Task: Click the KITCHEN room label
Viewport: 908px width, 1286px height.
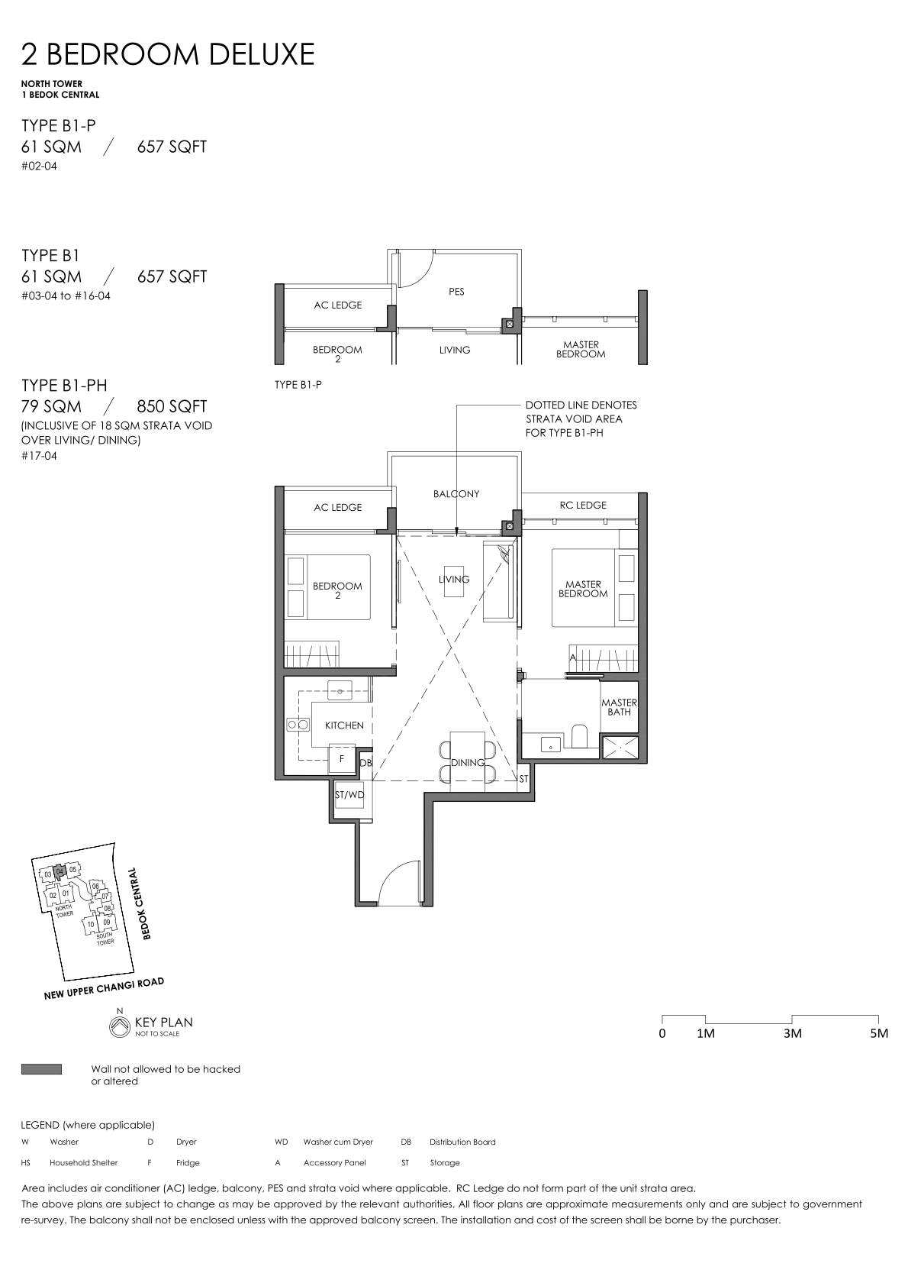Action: pos(344,725)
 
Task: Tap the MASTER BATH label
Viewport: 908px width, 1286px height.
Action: pos(619,707)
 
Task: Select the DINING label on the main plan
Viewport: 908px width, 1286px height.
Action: pos(468,763)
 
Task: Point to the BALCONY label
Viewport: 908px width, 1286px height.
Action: pos(456,494)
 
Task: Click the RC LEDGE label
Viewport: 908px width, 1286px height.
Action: pos(583,506)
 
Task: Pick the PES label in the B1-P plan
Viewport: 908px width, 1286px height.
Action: pos(456,292)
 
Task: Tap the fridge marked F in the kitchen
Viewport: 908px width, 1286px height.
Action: pos(342,759)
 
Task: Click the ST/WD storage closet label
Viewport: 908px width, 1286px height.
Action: pos(349,795)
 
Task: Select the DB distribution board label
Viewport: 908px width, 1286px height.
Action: pos(366,764)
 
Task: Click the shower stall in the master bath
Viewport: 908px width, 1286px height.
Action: pos(619,746)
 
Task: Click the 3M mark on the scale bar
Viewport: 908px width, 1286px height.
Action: pos(792,1033)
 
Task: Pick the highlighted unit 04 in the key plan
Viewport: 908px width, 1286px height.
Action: pos(59,872)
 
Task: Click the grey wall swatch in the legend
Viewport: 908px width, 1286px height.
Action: pos(41,1069)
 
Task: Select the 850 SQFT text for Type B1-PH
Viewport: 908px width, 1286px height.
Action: pos(172,406)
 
